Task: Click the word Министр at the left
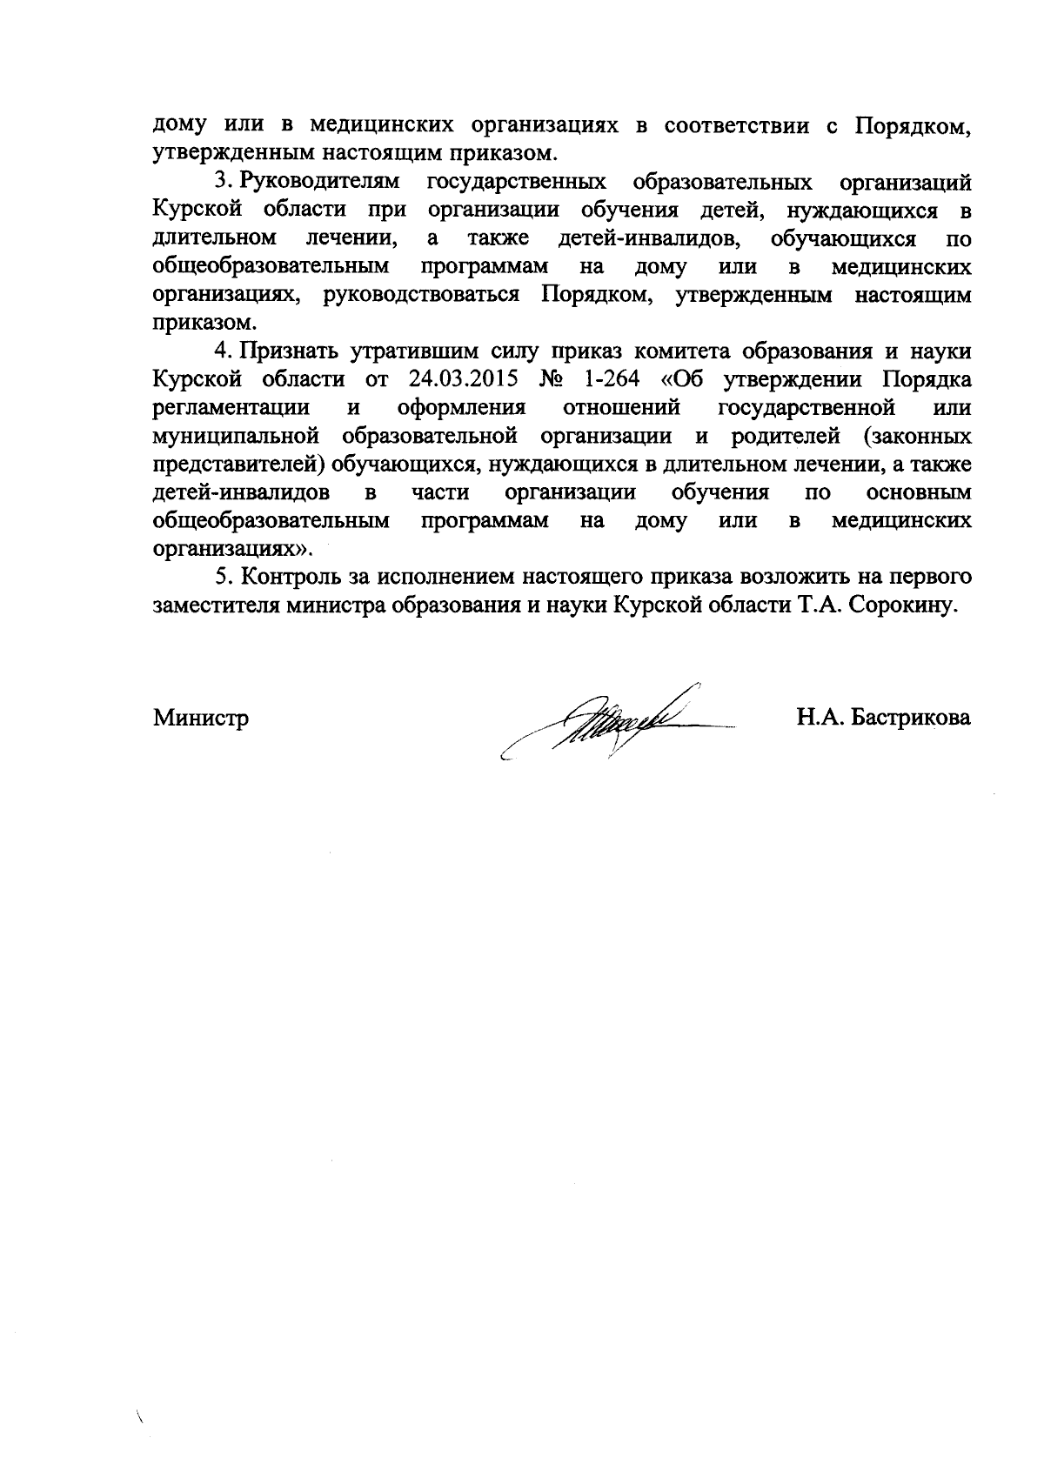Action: tap(201, 719)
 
